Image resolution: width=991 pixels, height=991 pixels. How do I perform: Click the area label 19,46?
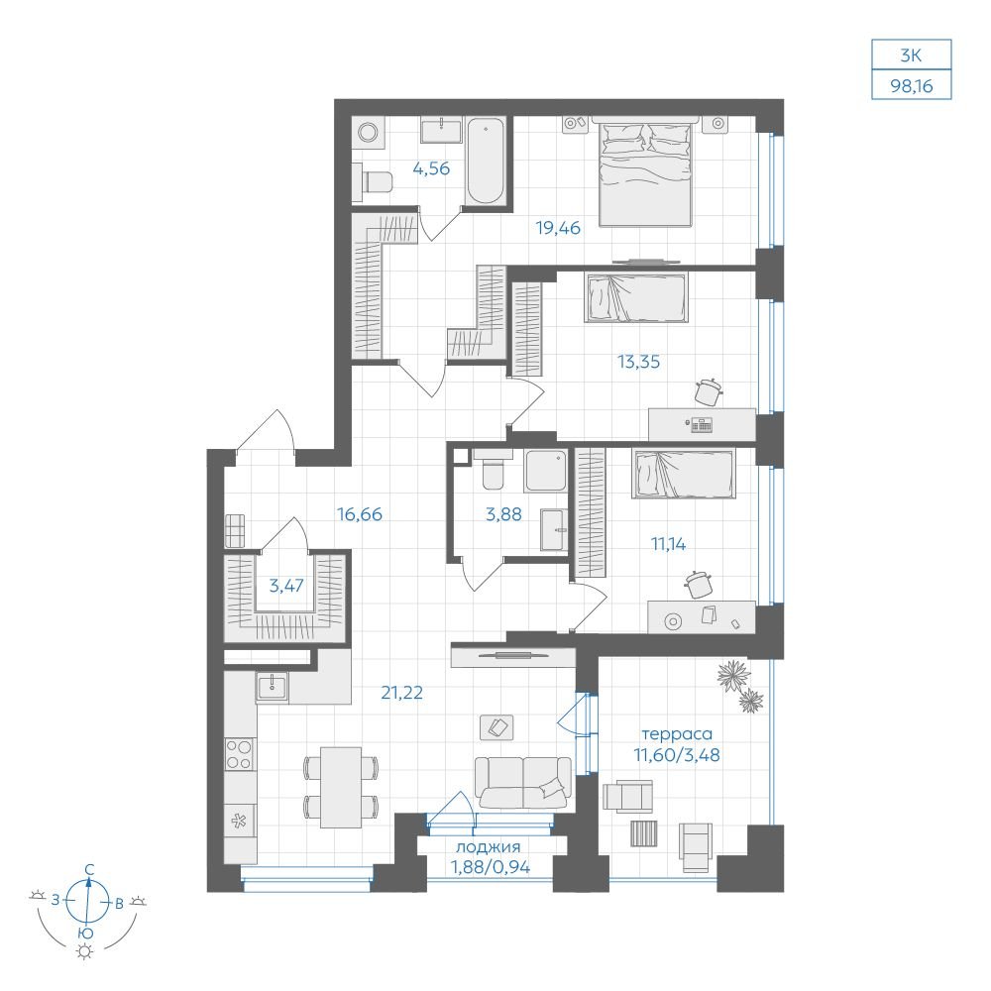pyautogui.click(x=558, y=228)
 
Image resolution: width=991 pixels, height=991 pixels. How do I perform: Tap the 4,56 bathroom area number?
pyautogui.click(x=431, y=168)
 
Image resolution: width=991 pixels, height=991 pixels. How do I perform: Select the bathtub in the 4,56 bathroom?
pyautogui.click(x=486, y=162)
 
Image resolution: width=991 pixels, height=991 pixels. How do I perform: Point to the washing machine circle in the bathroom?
pyautogui.click(x=368, y=133)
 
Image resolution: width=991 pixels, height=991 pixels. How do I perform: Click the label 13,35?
pyautogui.click(x=638, y=362)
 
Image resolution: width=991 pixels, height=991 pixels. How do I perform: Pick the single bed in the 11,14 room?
pyautogui.click(x=683, y=474)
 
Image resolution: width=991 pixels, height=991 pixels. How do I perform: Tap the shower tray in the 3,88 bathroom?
pyautogui.click(x=545, y=471)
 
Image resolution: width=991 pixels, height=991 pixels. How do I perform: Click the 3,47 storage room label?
pyautogui.click(x=286, y=586)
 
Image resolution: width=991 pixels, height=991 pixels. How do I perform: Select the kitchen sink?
pyautogui.click(x=272, y=687)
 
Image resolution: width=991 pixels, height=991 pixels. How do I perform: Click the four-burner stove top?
pyautogui.click(x=240, y=754)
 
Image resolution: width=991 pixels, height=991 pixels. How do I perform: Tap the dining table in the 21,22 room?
pyautogui.click(x=341, y=788)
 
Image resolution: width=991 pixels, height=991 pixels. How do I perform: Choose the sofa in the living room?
pyautogui.click(x=523, y=783)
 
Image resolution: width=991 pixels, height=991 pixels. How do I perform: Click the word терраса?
pyautogui.click(x=677, y=734)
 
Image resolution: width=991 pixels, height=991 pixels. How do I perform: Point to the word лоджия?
pyautogui.click(x=488, y=847)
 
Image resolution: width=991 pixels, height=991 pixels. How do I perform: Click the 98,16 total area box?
pyautogui.click(x=912, y=84)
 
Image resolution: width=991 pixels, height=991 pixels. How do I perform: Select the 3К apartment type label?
pyautogui.click(x=912, y=55)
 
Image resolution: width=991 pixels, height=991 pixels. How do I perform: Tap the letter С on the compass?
pyautogui.click(x=90, y=870)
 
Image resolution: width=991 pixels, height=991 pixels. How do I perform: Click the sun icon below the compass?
pyautogui.click(x=84, y=951)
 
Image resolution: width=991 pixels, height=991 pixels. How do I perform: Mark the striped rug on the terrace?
pyautogui.click(x=644, y=833)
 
